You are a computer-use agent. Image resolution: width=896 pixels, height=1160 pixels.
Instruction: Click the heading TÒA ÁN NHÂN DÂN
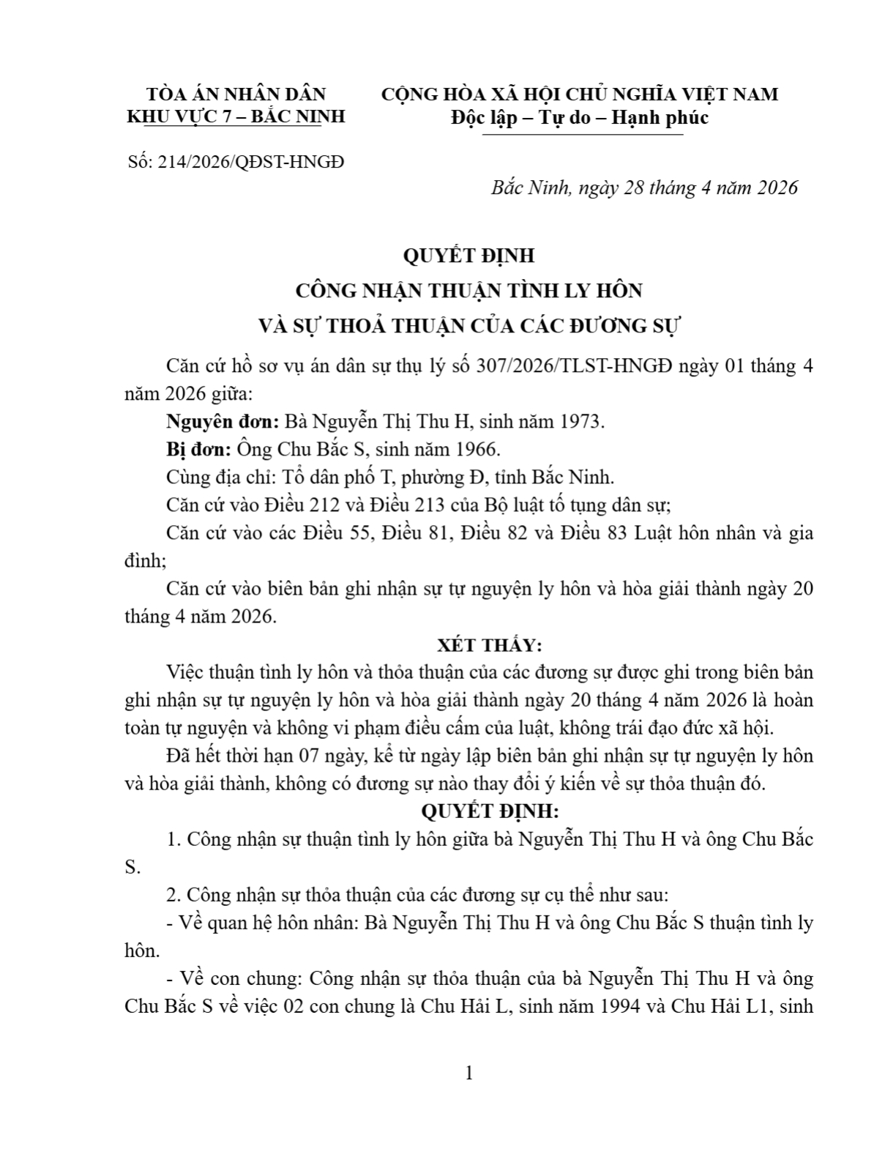coord(236,94)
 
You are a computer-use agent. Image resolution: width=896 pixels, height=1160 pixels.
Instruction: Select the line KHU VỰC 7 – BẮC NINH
coord(236,117)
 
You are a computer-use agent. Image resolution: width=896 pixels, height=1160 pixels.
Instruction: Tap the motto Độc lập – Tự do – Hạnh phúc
coord(580,117)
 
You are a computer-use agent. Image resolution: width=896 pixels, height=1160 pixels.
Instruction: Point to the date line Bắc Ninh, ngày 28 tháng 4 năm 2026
coord(644,188)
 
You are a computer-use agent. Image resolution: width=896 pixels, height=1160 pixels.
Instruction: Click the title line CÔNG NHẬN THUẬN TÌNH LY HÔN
coord(468,291)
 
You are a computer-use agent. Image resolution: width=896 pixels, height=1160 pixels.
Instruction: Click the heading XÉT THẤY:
coord(489,645)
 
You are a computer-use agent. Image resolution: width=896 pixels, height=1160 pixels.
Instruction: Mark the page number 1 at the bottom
coord(469,1074)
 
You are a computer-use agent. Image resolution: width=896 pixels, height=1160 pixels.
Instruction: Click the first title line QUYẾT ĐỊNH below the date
coord(468,256)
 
